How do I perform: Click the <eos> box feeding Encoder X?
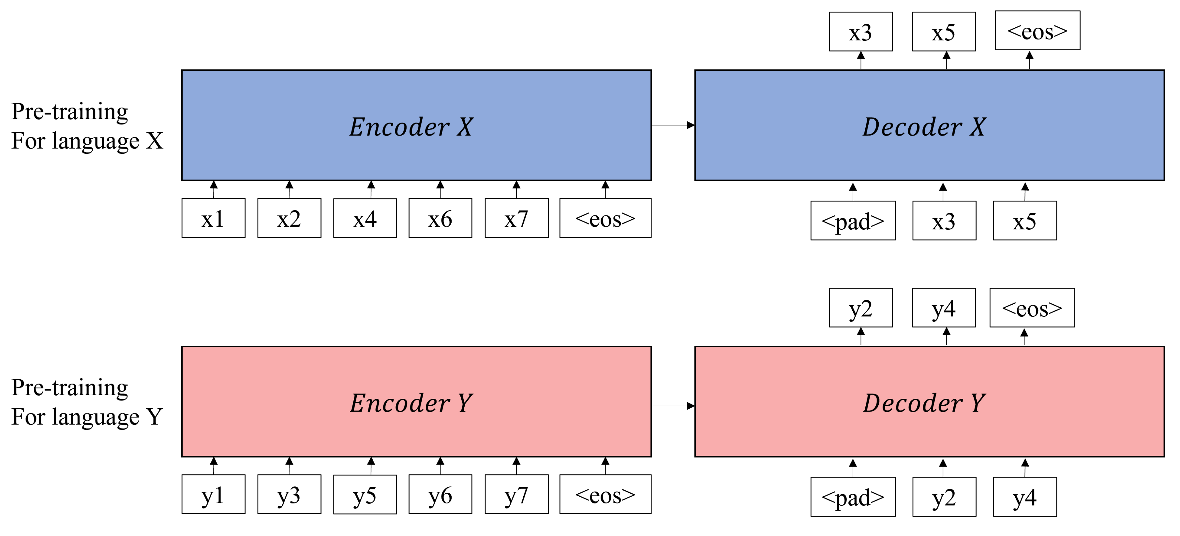[605, 218]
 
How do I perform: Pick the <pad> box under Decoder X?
[853, 221]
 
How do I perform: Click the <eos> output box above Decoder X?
[1037, 31]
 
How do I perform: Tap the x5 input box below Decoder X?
[1025, 221]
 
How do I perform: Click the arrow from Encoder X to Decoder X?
[672, 125]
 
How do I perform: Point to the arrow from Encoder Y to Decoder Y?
[672, 406]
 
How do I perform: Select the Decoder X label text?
[924, 127]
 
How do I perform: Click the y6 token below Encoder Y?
[440, 494]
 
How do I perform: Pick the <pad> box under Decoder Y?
[853, 497]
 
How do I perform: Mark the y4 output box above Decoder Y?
[944, 308]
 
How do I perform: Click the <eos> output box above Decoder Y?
[1032, 308]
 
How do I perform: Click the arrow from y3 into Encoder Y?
[289, 466]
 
